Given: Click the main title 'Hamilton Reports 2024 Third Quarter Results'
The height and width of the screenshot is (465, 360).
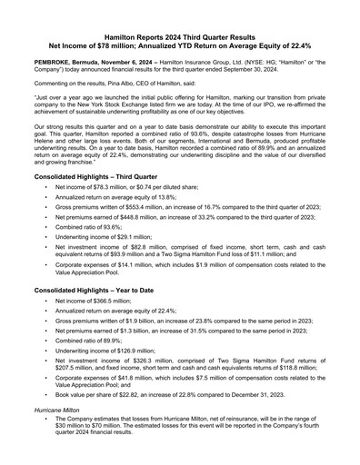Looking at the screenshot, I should [x=179, y=30].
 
